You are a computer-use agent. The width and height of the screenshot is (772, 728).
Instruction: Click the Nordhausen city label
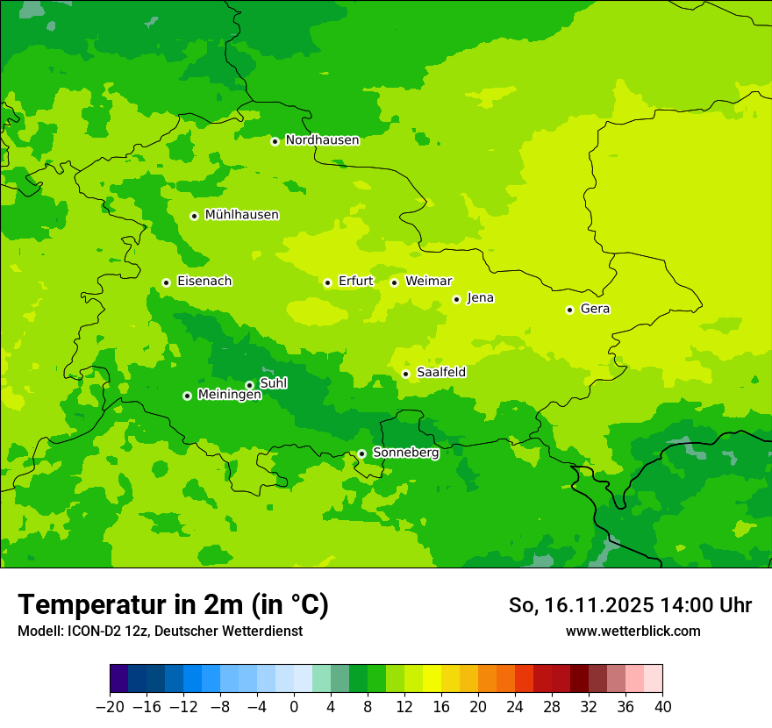(x=322, y=140)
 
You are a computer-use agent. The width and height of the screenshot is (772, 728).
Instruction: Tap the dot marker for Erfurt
(x=327, y=282)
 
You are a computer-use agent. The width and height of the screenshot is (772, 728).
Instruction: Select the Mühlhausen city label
(x=241, y=215)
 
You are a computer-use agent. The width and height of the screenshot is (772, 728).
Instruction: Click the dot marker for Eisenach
(x=166, y=282)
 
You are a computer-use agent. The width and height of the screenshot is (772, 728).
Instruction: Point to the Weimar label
(x=428, y=282)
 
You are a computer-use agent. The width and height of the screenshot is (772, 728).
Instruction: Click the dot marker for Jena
(x=456, y=299)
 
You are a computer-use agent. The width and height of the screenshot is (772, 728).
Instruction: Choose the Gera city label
(x=595, y=309)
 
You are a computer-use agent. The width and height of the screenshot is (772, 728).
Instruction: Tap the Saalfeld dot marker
(x=405, y=374)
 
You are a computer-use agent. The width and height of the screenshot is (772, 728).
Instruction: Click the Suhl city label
(x=273, y=383)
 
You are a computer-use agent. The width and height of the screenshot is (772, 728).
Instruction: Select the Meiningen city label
(x=229, y=395)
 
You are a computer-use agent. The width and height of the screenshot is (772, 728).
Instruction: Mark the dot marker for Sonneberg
(x=361, y=453)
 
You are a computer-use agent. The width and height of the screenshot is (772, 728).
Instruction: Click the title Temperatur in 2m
(x=173, y=605)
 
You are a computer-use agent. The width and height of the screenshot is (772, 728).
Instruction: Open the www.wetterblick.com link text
(x=633, y=631)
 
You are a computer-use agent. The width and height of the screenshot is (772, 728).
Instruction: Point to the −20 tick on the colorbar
(x=110, y=706)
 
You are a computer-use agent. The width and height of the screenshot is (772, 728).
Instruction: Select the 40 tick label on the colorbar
(x=662, y=706)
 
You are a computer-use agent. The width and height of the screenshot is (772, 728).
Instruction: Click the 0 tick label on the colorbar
(x=294, y=706)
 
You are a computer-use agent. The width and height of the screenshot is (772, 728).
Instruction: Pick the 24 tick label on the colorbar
(x=515, y=706)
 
